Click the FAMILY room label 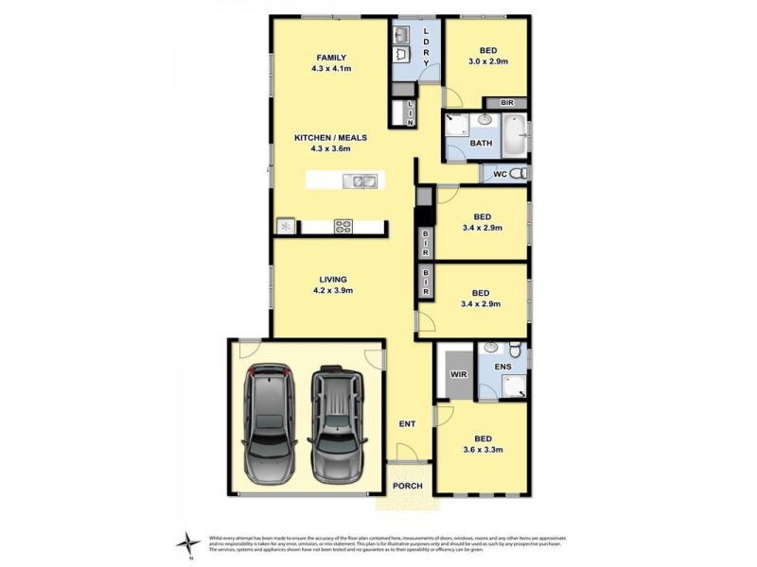pos(330,57)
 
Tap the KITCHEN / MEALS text pos(329,137)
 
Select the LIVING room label pos(332,280)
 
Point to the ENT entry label pos(407,424)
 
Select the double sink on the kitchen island pos(361,180)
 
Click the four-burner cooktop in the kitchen pos(343,226)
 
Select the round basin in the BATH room pos(484,120)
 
